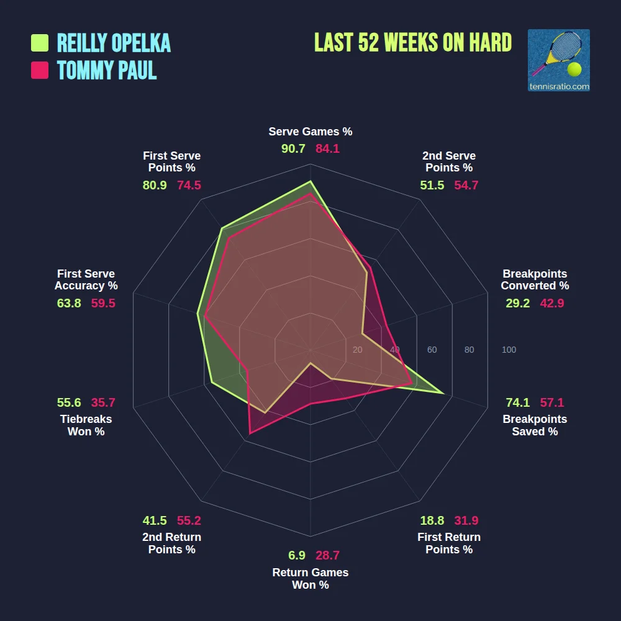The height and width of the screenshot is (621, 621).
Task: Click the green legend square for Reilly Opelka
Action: click(40, 43)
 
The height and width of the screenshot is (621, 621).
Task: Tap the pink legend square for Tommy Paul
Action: click(40, 70)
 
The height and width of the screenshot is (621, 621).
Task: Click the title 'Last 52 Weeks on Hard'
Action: click(413, 42)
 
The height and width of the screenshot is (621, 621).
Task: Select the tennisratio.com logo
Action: click(558, 60)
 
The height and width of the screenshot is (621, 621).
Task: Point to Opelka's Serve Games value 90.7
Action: click(293, 149)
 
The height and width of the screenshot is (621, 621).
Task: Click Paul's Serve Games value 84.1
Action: click(327, 149)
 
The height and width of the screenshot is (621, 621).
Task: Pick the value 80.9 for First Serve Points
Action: click(155, 185)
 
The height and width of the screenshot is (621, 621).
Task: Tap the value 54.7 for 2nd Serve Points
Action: click(466, 185)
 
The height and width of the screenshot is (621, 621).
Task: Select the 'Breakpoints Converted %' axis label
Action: click(535, 280)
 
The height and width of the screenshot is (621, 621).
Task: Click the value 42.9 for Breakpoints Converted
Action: click(551, 303)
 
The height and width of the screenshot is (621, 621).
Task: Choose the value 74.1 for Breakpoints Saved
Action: click(517, 402)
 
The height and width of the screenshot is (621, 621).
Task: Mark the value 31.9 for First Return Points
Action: click(466, 520)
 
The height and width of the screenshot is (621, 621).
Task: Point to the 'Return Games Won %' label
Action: click(310, 579)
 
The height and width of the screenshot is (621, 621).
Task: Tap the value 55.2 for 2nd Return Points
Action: click(189, 520)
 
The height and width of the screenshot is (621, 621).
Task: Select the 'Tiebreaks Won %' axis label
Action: click(86, 425)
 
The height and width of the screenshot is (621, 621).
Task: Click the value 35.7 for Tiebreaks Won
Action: click(103, 402)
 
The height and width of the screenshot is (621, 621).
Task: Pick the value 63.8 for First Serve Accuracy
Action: click(69, 303)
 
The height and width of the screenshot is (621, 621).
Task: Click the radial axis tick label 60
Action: click(432, 350)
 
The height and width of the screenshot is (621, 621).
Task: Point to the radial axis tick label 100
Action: click(509, 350)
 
